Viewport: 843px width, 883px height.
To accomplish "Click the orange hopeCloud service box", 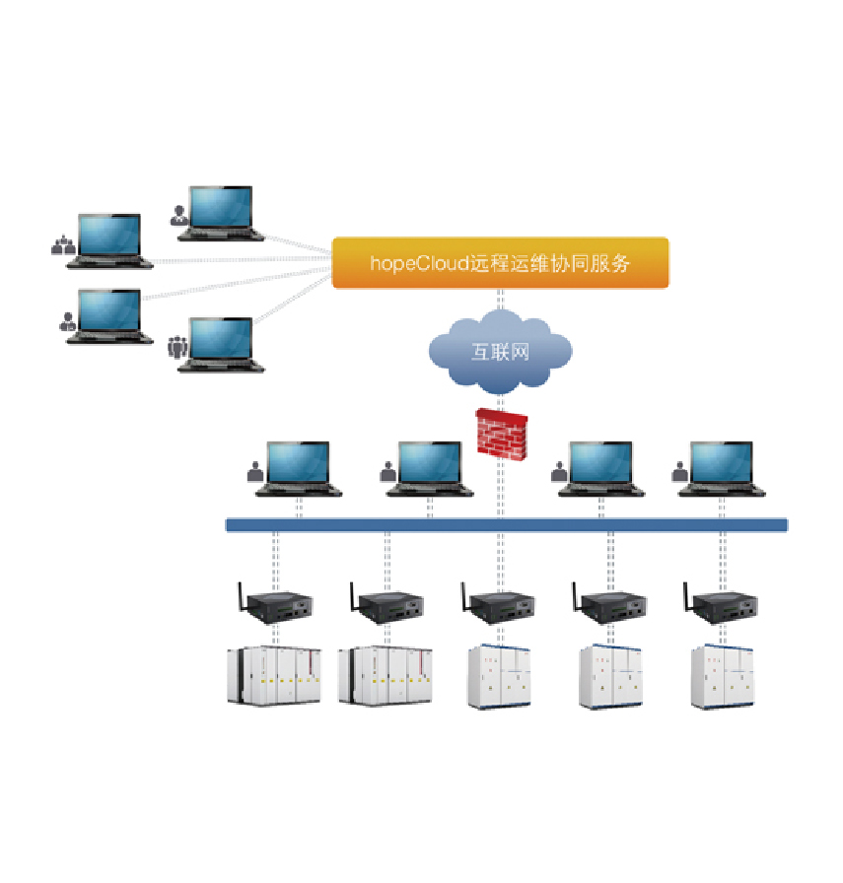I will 500,263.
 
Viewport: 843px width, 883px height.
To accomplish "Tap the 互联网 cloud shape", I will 500,350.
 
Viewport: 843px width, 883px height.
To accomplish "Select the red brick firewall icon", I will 503,432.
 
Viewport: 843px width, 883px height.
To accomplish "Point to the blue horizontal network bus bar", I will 507,525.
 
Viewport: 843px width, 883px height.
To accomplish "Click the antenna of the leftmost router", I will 238,596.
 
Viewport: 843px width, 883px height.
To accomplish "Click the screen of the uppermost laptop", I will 221,207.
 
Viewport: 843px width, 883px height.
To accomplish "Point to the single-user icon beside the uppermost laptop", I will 178,215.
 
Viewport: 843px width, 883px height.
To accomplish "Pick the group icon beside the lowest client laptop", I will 177,347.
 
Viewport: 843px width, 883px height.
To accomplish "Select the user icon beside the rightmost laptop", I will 679,472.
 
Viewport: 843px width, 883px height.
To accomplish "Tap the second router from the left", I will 386,607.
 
